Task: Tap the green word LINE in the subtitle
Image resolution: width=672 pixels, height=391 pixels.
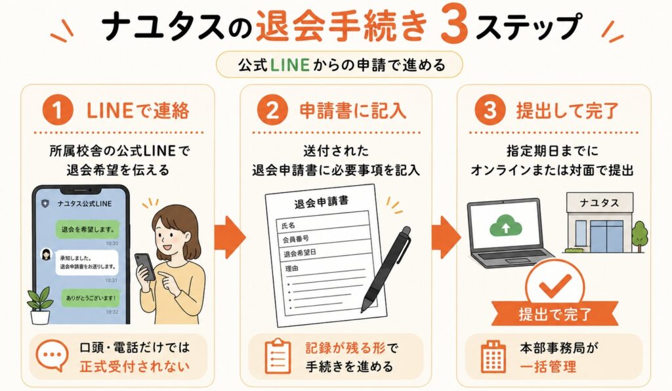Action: pos(290,65)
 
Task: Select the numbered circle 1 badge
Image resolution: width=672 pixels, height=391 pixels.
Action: pos(58,110)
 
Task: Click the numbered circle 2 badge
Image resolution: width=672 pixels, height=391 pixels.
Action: pos(272,110)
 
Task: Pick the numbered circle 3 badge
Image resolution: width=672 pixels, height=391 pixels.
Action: pos(490,110)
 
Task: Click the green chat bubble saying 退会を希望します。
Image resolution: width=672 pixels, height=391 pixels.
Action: pos(88,230)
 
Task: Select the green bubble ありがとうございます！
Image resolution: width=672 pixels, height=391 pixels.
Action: pos(91,298)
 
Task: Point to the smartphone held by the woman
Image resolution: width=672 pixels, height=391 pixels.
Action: pos(145,267)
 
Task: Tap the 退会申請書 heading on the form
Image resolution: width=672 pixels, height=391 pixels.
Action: pos(321,202)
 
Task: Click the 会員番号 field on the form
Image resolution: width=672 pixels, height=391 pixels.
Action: pos(296,239)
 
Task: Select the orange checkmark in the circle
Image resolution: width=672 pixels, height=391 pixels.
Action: pos(555,285)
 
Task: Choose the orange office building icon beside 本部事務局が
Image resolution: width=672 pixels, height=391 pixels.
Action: pos(493,357)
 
